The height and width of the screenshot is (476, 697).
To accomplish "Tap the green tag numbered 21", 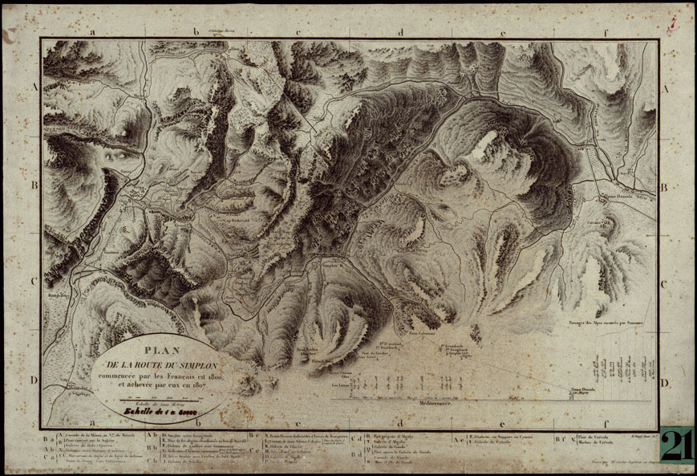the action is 678,444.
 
